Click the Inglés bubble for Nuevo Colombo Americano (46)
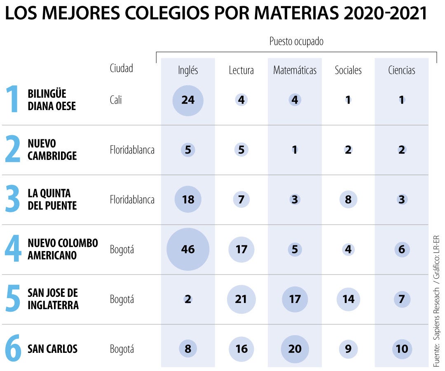click(188, 249)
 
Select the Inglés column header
click(188, 70)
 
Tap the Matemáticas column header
click(295, 70)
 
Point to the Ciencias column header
click(401, 70)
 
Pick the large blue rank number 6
click(13, 349)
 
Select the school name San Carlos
click(52, 349)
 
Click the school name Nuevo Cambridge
click(52, 150)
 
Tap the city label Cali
click(116, 100)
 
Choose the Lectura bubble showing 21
click(241, 299)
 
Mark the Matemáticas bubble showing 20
click(295, 349)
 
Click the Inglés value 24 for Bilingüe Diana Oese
click(188, 100)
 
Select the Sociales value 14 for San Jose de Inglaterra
click(348, 299)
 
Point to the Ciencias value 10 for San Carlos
click(402, 349)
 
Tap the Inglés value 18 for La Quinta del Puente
click(188, 200)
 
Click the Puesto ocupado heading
click(296, 42)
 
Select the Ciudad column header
click(121, 68)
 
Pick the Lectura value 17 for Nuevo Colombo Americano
click(241, 249)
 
